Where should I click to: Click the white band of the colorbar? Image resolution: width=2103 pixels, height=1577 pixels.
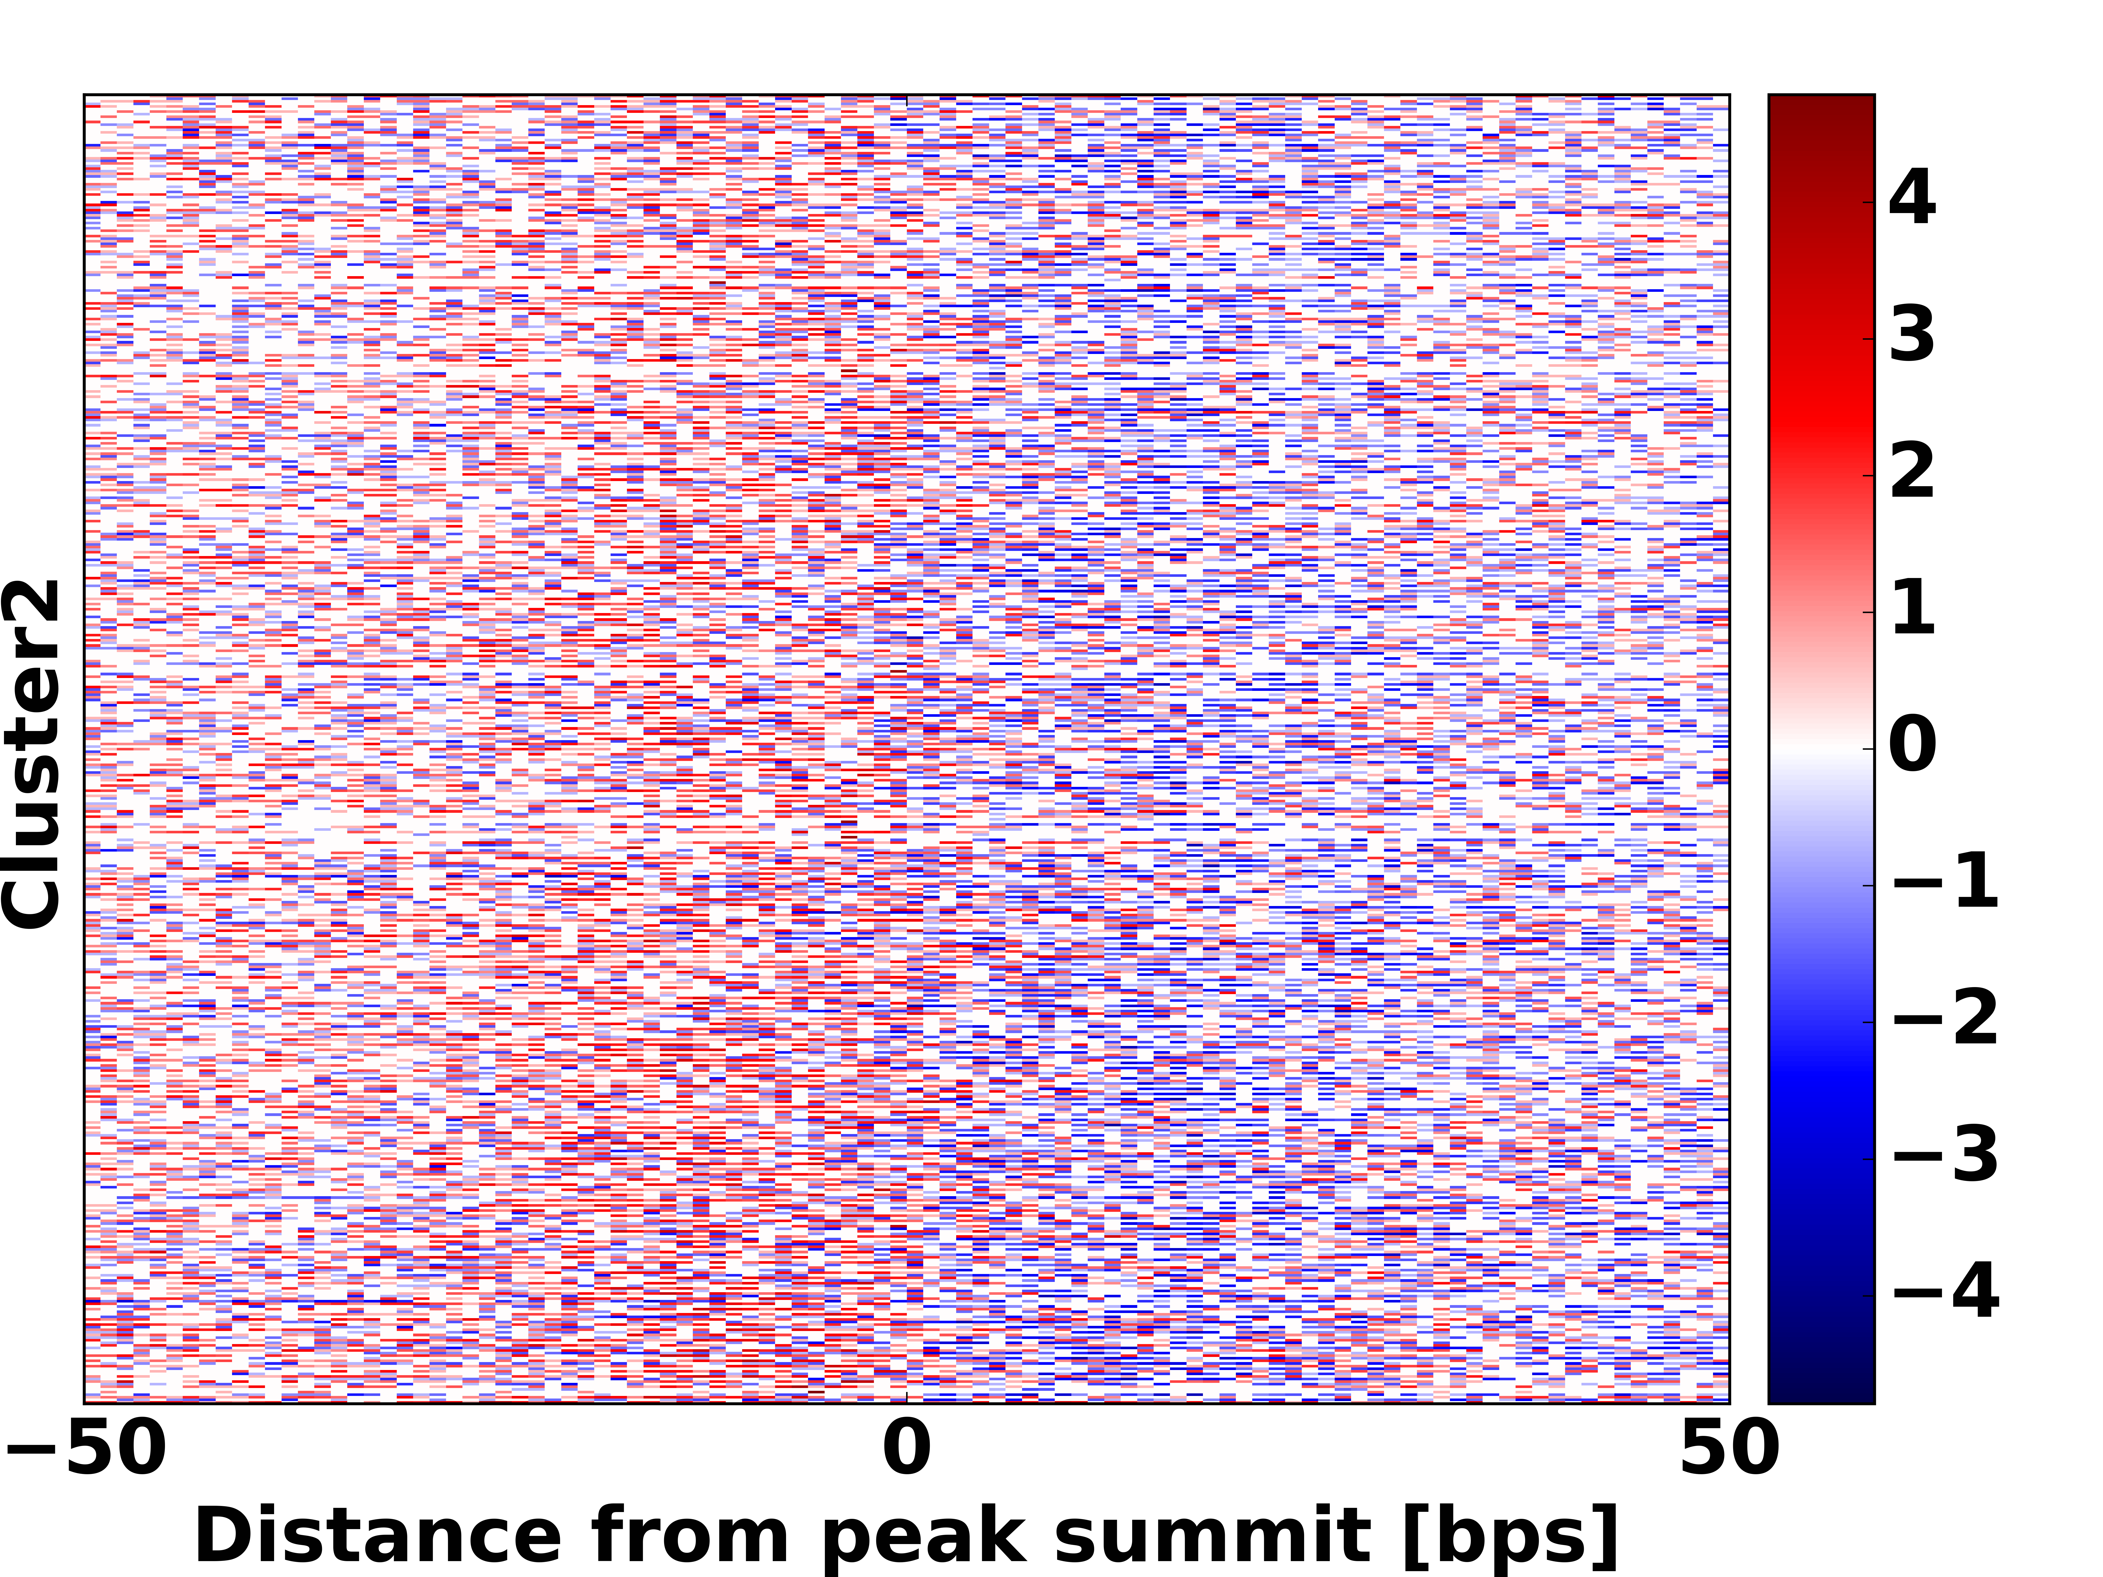click(1821, 748)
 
